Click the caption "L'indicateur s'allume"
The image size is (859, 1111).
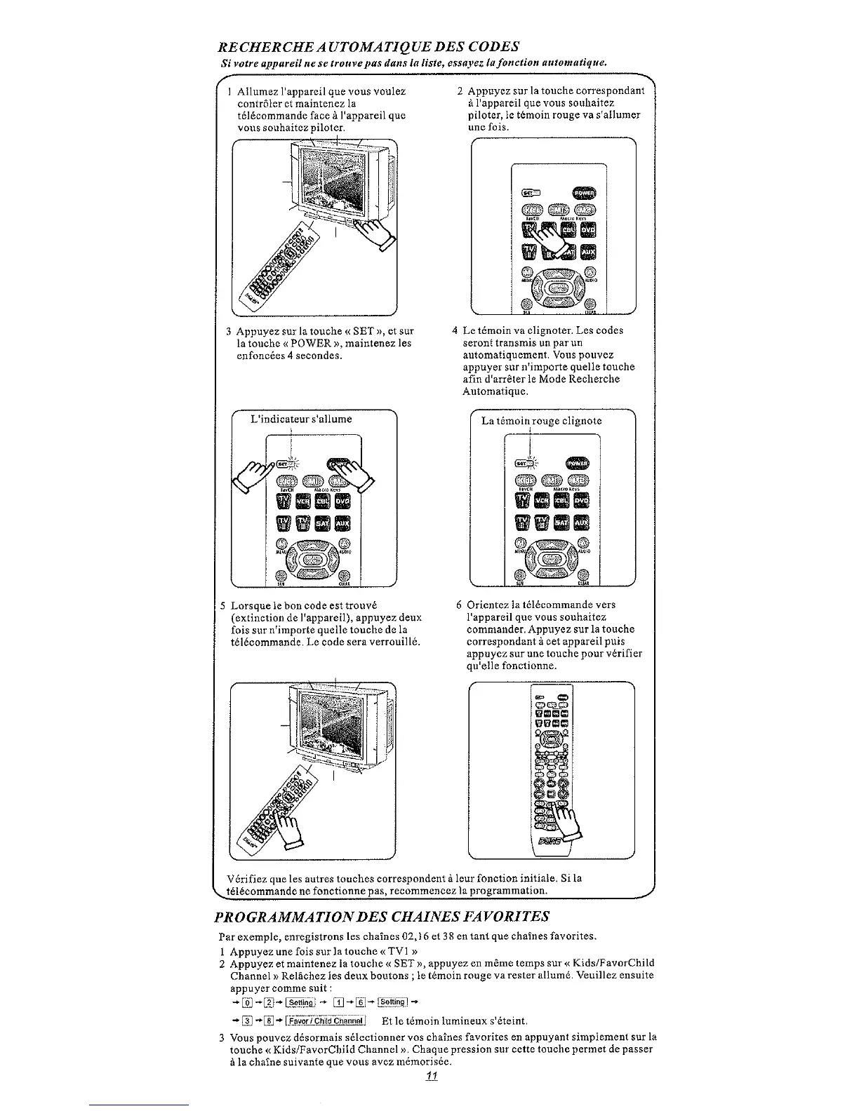(301, 419)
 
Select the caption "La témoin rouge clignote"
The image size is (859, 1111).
(541, 421)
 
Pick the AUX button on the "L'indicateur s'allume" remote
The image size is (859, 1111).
(344, 523)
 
